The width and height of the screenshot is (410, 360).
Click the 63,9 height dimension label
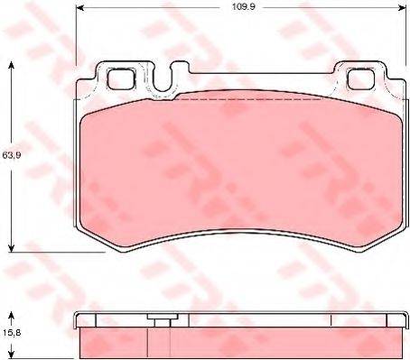tap(10, 156)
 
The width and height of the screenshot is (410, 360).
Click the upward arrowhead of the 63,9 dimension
tap(11, 65)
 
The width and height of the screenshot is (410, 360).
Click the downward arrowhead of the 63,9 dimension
tap(11, 248)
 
